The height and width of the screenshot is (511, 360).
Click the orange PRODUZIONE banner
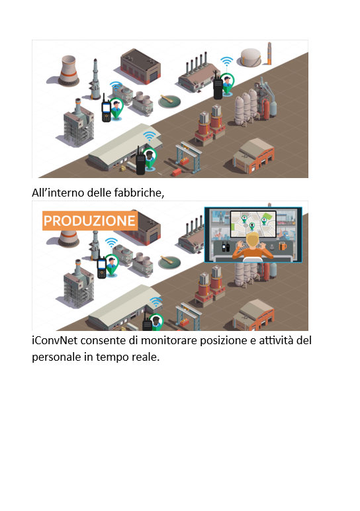(x=90, y=220)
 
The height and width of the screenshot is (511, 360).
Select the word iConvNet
(x=54, y=340)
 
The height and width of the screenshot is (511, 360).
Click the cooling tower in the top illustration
(x=68, y=71)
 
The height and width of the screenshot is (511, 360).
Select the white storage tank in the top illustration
(x=251, y=58)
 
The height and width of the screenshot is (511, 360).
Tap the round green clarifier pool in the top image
(x=169, y=101)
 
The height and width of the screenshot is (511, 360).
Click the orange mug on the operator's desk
(x=283, y=246)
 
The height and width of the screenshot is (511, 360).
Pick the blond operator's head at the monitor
(x=252, y=240)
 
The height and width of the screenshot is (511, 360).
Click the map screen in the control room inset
(x=253, y=224)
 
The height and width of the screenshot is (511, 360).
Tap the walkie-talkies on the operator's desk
(x=226, y=247)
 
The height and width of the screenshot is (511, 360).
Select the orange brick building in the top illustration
(x=254, y=155)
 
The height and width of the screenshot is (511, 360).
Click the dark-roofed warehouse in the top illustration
(x=140, y=66)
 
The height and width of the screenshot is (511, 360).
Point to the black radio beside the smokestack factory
(x=218, y=85)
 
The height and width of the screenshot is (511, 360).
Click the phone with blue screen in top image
(x=106, y=109)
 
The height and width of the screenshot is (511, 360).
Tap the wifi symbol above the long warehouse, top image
(x=149, y=136)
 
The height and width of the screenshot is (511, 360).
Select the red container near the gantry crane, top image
(x=177, y=171)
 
